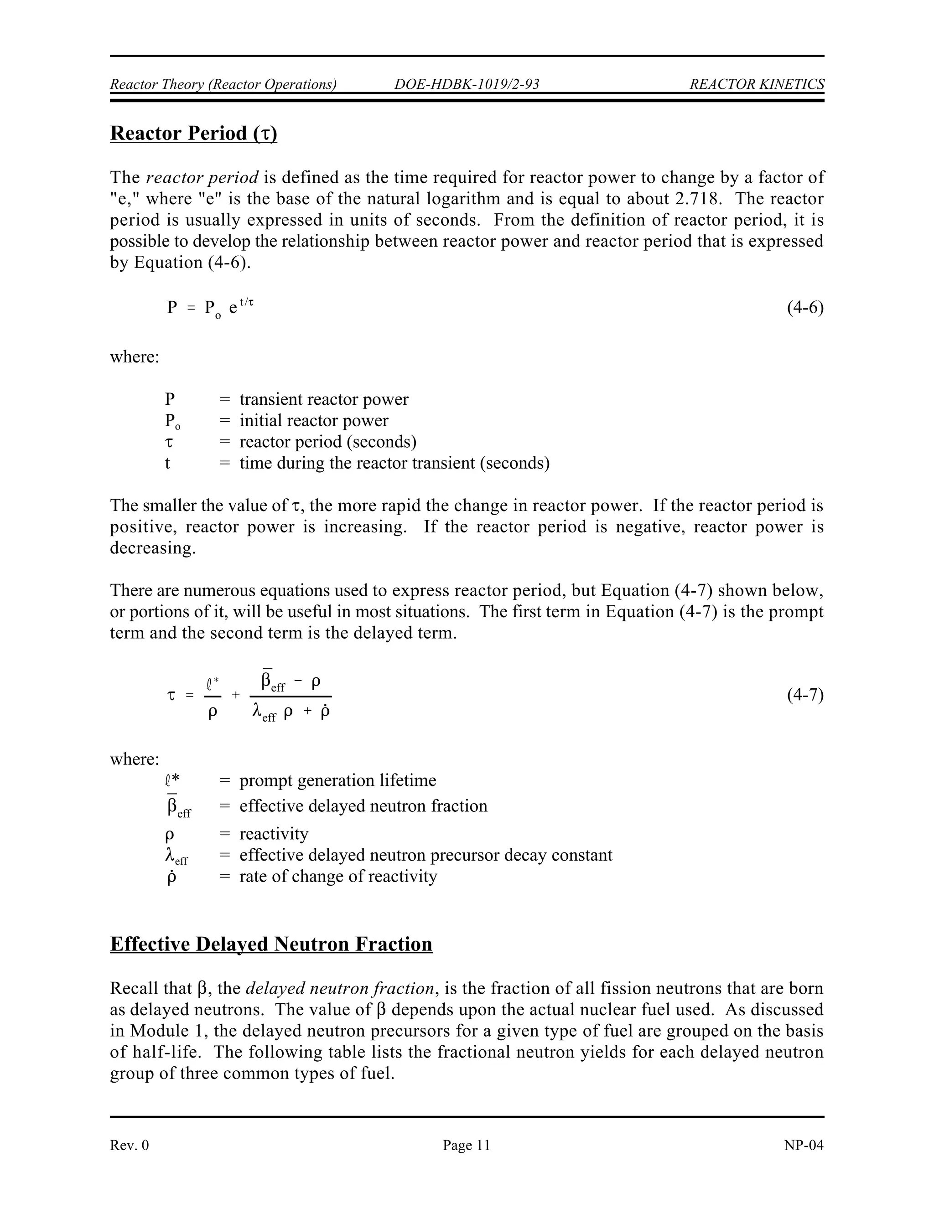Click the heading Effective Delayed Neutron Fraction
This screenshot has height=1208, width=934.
coord(271,944)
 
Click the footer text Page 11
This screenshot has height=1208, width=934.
coord(467,1145)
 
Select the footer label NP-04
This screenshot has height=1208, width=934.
coord(804,1145)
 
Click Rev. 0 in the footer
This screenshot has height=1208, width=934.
coord(130,1145)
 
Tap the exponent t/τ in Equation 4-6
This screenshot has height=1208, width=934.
coord(246,302)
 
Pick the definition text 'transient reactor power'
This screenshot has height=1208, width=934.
coord(324,399)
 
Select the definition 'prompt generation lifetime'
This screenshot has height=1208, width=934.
coord(337,780)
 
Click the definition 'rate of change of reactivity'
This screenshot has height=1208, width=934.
coord(338,876)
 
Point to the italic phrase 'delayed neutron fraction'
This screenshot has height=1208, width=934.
coord(340,988)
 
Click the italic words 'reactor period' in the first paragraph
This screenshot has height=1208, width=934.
coord(202,177)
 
